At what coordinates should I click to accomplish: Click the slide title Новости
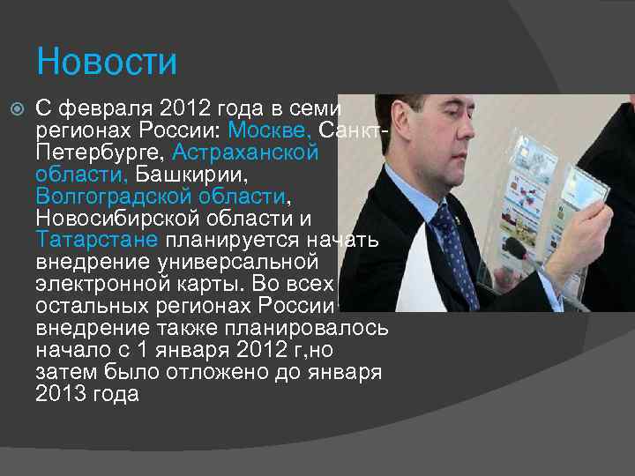[x=107, y=63]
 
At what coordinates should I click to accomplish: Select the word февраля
[x=104, y=108]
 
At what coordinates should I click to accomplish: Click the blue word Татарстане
[x=97, y=240]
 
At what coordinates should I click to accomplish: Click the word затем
[x=64, y=372]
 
